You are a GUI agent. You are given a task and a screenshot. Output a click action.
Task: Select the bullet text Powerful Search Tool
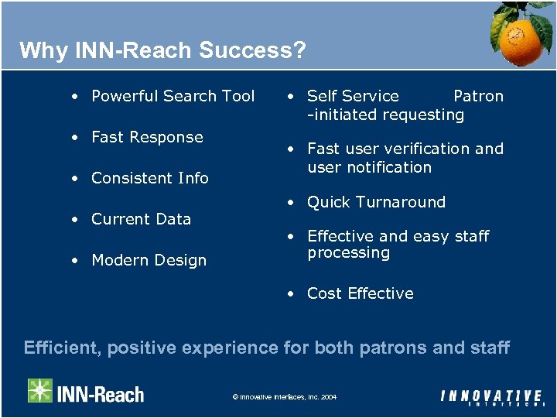click(x=173, y=96)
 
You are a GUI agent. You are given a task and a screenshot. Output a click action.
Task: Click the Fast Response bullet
click(x=147, y=137)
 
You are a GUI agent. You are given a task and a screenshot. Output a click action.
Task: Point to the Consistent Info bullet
click(x=150, y=178)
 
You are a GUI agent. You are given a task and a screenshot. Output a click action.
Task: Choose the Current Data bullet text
click(x=141, y=219)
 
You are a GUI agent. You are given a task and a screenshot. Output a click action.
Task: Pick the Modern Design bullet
click(x=149, y=260)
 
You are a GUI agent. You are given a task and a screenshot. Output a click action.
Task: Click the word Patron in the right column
click(x=478, y=96)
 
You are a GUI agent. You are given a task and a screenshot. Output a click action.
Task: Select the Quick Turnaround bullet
click(x=376, y=202)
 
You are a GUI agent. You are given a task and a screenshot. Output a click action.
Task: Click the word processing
click(x=348, y=253)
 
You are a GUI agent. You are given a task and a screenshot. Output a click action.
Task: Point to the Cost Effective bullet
click(x=360, y=293)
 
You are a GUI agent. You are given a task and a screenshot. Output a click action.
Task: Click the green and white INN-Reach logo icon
click(x=40, y=391)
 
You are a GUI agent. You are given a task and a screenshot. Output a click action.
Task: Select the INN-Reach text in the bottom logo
click(x=101, y=394)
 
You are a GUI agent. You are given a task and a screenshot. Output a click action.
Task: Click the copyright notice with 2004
click(x=285, y=397)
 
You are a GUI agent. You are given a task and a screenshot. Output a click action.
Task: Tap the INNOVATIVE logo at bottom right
click(x=492, y=397)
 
